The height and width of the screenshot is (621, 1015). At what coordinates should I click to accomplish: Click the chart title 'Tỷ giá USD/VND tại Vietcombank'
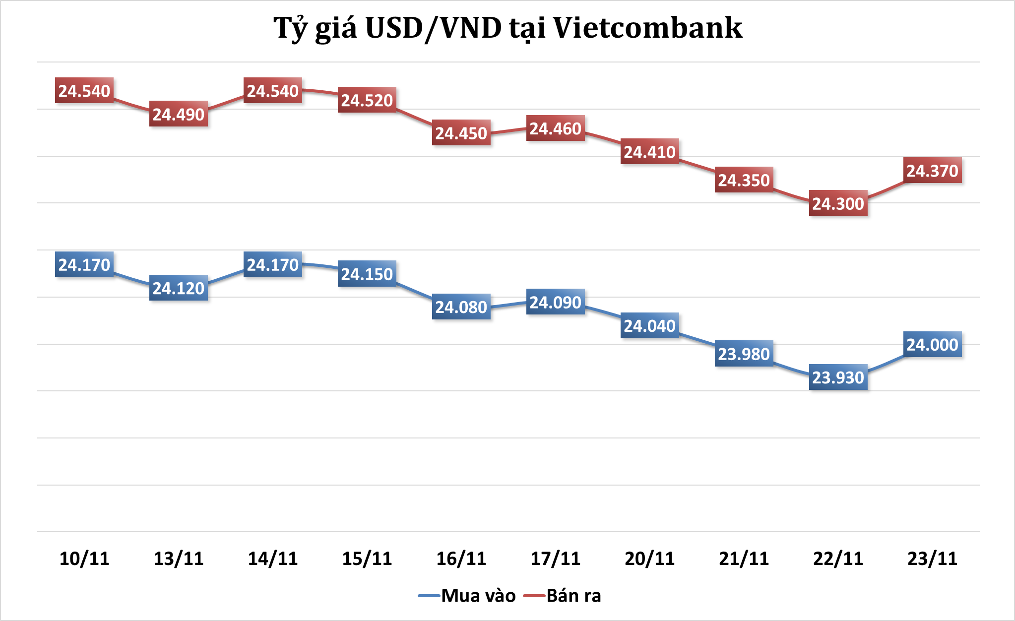tap(507, 28)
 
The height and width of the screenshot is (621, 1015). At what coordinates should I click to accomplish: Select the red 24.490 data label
tap(179, 115)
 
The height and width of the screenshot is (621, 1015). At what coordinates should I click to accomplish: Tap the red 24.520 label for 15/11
tap(367, 100)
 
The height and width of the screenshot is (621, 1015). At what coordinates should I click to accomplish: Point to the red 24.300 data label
tap(838, 203)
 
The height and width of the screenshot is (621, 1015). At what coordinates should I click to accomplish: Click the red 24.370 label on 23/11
tap(933, 171)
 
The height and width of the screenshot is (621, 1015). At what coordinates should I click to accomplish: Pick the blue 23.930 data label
tap(838, 377)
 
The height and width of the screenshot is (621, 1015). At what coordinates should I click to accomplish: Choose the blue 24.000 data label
tap(933, 345)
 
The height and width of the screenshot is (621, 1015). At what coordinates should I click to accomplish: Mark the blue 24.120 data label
tap(179, 288)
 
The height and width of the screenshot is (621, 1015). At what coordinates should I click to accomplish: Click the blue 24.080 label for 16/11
tap(461, 307)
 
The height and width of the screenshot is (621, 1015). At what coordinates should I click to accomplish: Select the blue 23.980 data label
tap(744, 354)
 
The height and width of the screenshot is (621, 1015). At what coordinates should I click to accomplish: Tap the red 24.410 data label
tap(650, 152)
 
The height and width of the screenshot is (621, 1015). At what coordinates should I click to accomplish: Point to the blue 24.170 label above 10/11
tap(84, 265)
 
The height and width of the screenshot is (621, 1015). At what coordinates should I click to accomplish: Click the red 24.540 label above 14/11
tap(273, 91)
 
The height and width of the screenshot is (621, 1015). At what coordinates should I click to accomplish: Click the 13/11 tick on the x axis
tap(179, 559)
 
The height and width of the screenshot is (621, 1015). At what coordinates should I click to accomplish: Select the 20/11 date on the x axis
tap(650, 559)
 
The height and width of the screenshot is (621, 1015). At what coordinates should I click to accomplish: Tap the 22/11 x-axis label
tap(838, 559)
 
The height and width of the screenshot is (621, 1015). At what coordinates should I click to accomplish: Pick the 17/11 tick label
tap(556, 559)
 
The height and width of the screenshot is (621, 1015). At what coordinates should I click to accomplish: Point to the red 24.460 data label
tap(556, 128)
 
